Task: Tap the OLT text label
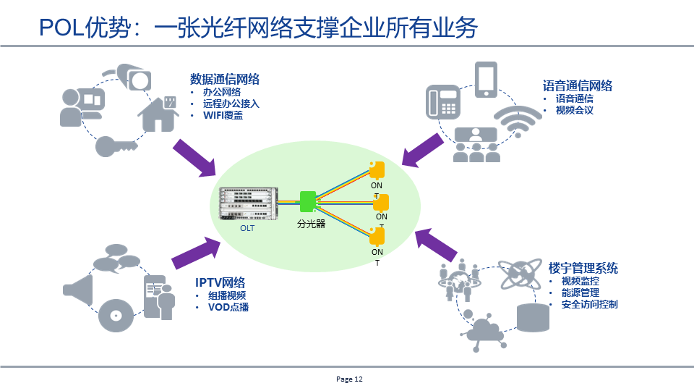248,228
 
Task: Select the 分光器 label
311,224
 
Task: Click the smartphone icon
486,80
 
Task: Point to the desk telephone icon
443,101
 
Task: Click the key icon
116,146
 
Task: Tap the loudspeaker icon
79,289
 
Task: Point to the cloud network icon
487,330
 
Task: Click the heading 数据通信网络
225,79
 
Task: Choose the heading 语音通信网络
578,85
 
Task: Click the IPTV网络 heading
220,282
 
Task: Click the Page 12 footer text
349,379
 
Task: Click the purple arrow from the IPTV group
194,253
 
